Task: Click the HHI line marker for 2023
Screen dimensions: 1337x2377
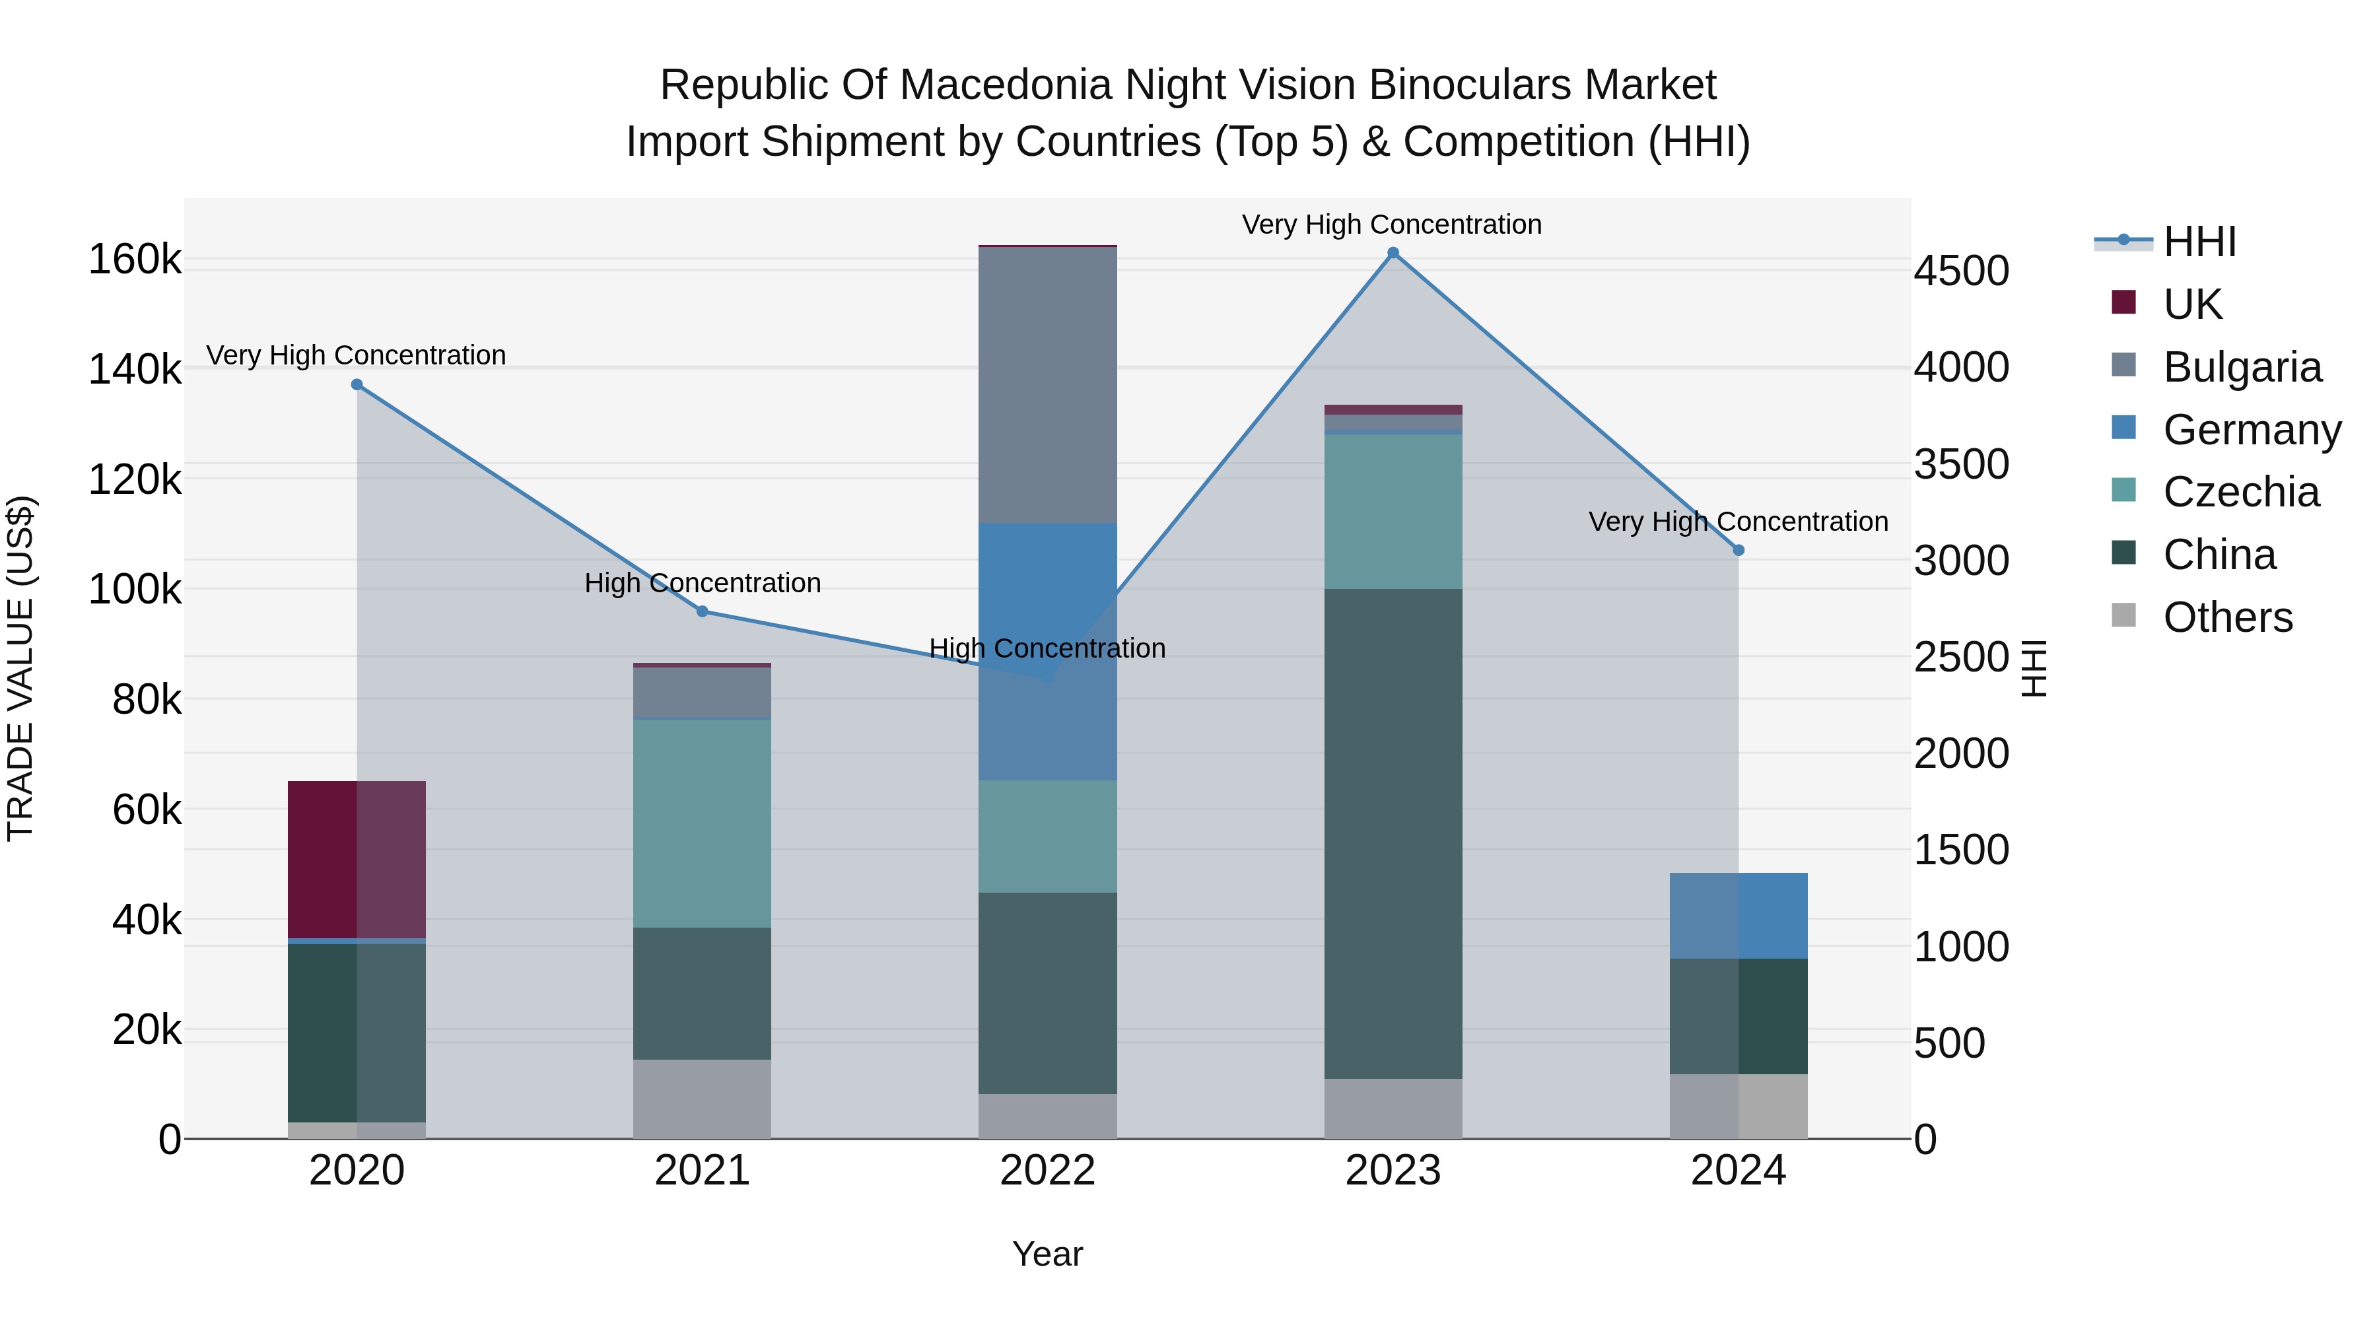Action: (1393, 253)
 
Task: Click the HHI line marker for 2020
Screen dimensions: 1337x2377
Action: (357, 385)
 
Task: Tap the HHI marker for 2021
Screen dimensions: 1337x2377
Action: (703, 611)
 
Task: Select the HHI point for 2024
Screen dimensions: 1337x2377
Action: (1739, 550)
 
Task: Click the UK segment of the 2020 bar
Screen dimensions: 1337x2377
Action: (357, 859)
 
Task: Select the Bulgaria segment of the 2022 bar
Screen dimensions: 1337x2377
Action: (1047, 385)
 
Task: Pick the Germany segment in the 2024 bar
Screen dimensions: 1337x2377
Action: (1739, 915)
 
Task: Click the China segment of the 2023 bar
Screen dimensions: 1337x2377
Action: (1393, 833)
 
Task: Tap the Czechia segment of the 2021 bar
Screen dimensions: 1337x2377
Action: (703, 823)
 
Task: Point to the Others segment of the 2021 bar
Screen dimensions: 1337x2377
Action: (703, 1099)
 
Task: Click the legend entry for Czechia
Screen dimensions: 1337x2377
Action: (2240, 492)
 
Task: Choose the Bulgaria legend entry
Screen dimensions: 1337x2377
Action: (2242, 367)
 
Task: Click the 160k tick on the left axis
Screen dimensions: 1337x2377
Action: (135, 259)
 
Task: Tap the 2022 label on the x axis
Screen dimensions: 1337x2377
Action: (1047, 1171)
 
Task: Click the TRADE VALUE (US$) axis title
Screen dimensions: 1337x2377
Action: (20, 668)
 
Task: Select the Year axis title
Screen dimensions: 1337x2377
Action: (1047, 1254)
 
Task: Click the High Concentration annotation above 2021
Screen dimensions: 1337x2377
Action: (703, 583)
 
